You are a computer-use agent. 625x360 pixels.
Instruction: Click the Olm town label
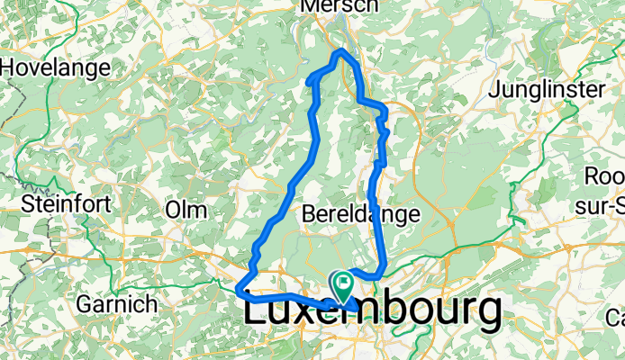pyautogui.click(x=186, y=209)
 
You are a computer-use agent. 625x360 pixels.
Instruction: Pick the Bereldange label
pyautogui.click(x=362, y=214)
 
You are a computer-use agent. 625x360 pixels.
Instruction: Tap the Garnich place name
pyautogui.click(x=118, y=303)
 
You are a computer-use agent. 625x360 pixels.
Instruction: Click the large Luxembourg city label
pyautogui.click(x=372, y=310)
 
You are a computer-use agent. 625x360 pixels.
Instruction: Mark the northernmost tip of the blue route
pyautogui.click(x=340, y=52)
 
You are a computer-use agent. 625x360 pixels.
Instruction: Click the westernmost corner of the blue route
pyautogui.click(x=238, y=290)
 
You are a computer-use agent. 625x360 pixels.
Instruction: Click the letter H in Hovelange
pyautogui.click(x=10, y=67)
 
